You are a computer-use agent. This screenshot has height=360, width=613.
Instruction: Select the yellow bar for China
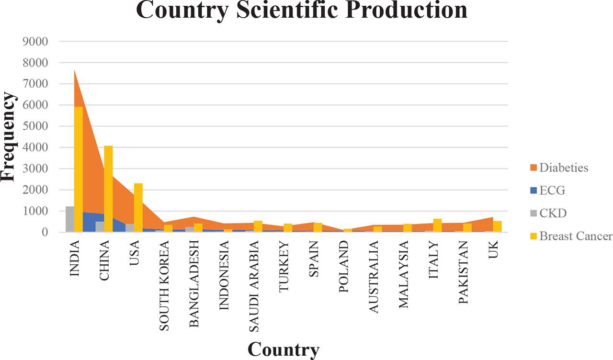(108, 189)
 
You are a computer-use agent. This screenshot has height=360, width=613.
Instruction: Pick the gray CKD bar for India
(70, 219)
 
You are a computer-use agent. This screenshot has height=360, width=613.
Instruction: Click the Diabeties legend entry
(558, 168)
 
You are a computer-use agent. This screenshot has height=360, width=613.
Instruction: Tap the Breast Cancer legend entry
(570, 236)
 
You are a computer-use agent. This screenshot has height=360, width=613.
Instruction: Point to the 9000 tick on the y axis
(35, 42)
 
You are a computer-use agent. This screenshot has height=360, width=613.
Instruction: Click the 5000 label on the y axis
(35, 126)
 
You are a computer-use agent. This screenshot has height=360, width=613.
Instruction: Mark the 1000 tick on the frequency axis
(35, 211)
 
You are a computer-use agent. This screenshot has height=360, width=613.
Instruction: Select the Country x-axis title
(283, 349)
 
